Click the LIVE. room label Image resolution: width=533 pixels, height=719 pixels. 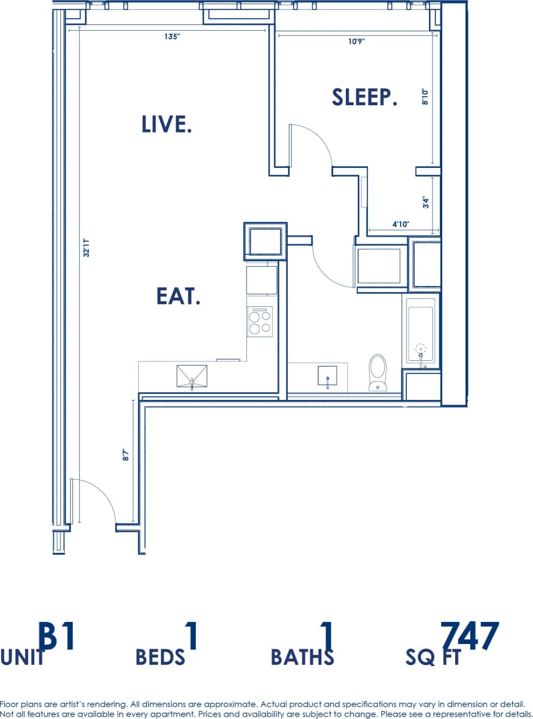[x=167, y=124]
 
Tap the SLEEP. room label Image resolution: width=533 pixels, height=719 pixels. [x=364, y=97]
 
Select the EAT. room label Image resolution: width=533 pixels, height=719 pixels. [x=178, y=296]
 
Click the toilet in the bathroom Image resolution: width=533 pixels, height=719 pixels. [x=378, y=372]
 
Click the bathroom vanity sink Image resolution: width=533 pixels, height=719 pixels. [x=328, y=376]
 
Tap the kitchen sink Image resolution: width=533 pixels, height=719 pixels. [x=192, y=376]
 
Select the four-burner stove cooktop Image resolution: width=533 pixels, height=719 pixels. [x=260, y=322]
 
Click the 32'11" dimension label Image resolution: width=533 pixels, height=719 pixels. [x=86, y=246]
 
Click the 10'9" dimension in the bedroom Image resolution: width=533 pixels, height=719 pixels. [x=356, y=42]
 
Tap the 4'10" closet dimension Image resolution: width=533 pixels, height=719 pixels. [x=401, y=224]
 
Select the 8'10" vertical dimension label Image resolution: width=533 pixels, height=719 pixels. [x=425, y=96]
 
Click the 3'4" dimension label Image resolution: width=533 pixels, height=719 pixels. [x=425, y=202]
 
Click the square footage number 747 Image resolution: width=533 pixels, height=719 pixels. [x=470, y=637]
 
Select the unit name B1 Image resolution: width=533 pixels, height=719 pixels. [x=57, y=637]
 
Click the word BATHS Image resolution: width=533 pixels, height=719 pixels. [x=302, y=657]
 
